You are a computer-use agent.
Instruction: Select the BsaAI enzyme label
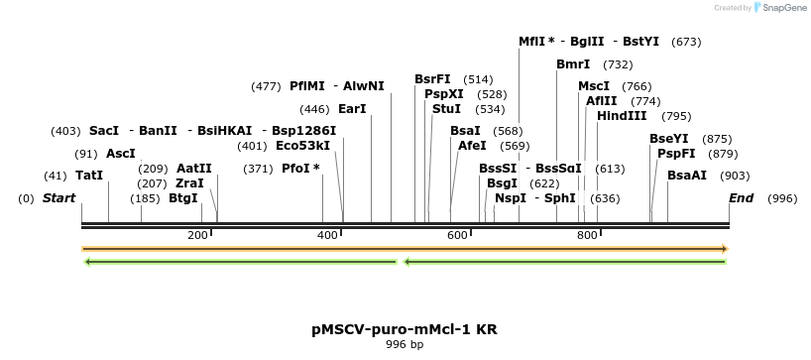pos(687,176)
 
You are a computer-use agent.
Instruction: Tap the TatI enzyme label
pos(89,176)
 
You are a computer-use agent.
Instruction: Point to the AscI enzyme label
pos(120,154)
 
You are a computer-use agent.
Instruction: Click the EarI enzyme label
pos(352,109)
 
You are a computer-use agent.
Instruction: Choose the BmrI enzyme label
pos(573,64)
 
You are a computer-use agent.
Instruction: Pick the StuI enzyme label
pos(447,109)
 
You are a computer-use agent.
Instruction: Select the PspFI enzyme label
pos(676,154)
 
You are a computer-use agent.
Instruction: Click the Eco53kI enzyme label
pos(302,146)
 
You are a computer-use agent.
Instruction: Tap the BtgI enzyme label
pos(183,198)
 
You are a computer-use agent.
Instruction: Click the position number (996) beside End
pos(782,198)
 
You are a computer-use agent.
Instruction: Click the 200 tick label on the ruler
pos(197,235)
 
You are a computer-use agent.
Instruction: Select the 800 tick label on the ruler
pos(587,235)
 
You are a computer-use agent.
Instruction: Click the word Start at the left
pos(58,198)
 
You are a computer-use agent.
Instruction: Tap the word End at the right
pos(742,198)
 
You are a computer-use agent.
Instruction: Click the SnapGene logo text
pos(784,8)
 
